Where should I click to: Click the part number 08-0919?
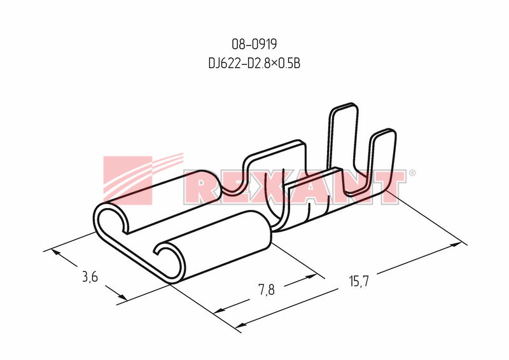254,44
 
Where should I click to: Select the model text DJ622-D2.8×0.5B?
254,64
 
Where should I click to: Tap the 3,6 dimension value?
90,277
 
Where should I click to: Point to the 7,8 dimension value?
267,289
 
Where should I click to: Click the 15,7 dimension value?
359,280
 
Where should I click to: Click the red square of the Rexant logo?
128,180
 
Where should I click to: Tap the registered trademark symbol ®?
412,173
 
